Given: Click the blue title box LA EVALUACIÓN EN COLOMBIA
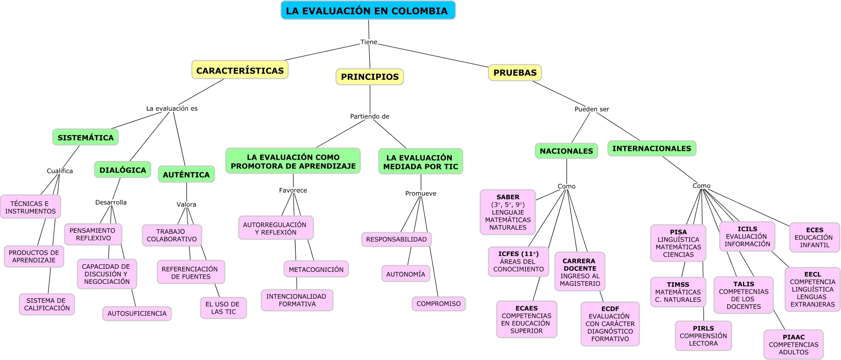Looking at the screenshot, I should click(x=368, y=11).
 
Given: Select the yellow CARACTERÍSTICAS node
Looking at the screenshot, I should click(x=239, y=70).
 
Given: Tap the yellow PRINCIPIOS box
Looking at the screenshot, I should click(x=369, y=77).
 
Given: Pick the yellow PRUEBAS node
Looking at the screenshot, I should click(x=514, y=73).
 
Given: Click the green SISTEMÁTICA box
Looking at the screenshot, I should click(x=85, y=138).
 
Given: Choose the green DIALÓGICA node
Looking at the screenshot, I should click(x=123, y=170).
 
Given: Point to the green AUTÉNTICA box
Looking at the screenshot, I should click(x=186, y=175).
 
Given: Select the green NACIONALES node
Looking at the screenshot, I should click(x=566, y=151).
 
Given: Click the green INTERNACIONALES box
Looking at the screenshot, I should click(x=651, y=148).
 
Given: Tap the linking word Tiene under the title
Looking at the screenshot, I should click(x=369, y=42).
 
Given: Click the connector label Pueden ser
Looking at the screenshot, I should click(x=592, y=109).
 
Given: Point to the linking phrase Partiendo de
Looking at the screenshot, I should click(x=370, y=116).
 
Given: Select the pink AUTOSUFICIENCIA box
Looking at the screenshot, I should click(x=137, y=313).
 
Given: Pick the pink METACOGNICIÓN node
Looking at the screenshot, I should click(x=316, y=269).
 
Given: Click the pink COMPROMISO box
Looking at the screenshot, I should click(x=438, y=304).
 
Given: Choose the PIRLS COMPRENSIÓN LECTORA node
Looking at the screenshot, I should click(x=703, y=336).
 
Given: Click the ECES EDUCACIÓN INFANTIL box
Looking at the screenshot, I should click(x=814, y=237).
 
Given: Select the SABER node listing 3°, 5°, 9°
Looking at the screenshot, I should click(x=508, y=212).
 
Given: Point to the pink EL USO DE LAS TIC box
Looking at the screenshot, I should click(x=224, y=308).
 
